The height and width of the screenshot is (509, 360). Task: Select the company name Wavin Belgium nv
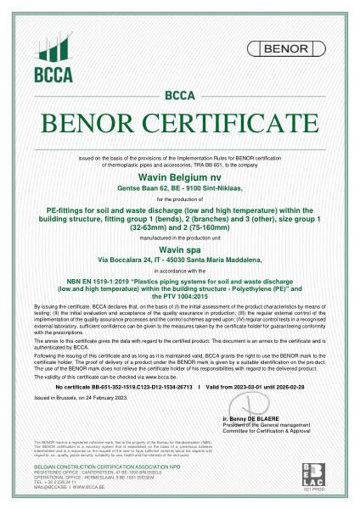(x=179, y=172)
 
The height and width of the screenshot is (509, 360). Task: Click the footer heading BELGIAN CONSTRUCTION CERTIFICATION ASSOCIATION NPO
(x=91, y=478)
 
